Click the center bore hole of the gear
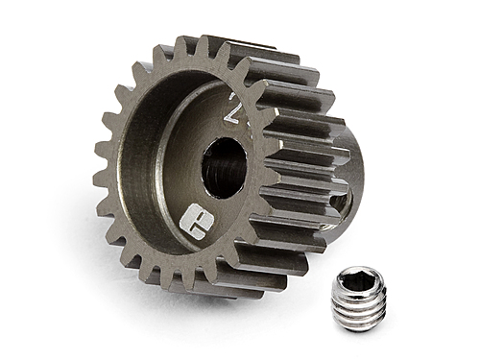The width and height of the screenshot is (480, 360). pyautogui.click(x=223, y=167)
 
